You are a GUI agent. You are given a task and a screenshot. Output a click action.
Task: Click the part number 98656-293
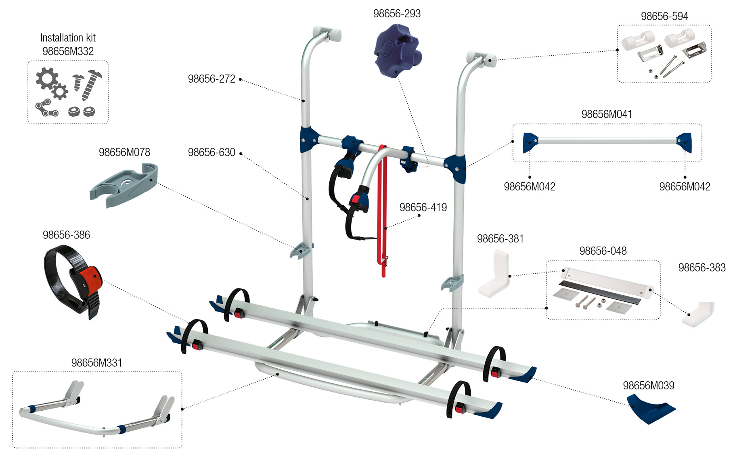(397, 14)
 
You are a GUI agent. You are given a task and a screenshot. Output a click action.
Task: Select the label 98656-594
(664, 16)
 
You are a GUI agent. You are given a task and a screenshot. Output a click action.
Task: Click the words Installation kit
(68, 38)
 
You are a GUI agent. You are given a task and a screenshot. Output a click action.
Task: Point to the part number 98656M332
(68, 51)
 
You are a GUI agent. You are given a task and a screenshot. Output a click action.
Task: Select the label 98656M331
(96, 363)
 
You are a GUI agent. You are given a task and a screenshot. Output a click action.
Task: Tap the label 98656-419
(423, 207)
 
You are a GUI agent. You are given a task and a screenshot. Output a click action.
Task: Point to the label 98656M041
(606, 114)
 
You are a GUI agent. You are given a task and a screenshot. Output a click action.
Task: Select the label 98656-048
(603, 251)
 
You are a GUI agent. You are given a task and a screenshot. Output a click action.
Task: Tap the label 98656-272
(212, 79)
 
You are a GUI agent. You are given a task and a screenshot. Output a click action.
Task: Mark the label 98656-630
(212, 152)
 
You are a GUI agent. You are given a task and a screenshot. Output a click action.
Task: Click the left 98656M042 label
(529, 186)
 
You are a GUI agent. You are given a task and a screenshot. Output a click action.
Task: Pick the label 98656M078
(124, 152)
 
